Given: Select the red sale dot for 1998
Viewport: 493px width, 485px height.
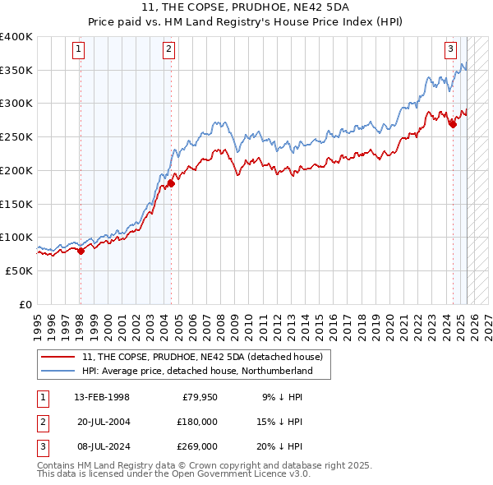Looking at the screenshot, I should point(81,251).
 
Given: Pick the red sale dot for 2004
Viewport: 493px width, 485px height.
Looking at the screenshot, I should point(171,184).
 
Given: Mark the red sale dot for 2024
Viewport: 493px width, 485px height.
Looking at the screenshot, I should point(453,125).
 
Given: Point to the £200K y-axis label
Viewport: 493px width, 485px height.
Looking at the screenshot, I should point(16,170).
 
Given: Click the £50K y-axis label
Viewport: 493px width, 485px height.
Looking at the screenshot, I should point(19,270).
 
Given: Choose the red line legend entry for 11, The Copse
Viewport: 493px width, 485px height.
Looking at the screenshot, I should point(203,357).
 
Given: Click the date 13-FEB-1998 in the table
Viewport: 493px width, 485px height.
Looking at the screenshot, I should point(102,398).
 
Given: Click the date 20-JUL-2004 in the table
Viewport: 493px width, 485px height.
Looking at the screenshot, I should point(102,422).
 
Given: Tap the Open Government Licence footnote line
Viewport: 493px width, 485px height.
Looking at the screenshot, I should point(174,473).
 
